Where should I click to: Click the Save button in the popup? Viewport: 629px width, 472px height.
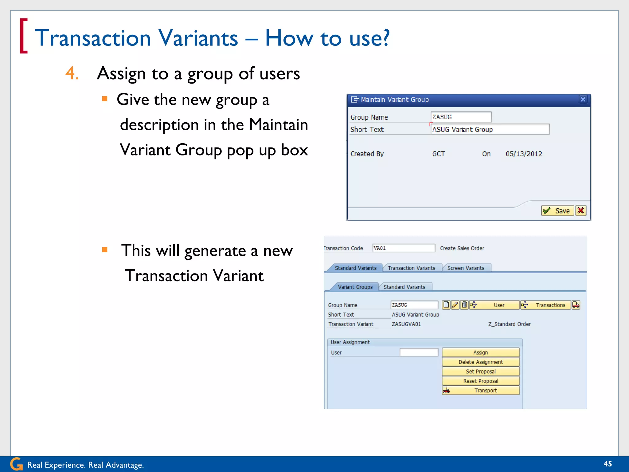[557, 211]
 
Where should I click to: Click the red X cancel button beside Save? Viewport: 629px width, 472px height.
[581, 211]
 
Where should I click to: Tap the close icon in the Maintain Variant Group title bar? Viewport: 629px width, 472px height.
[583, 99]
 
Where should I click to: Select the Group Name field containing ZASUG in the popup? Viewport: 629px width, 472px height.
[461, 117]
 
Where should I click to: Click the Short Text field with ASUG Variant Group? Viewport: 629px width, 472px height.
[490, 129]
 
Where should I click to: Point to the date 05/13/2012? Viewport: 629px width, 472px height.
[524, 154]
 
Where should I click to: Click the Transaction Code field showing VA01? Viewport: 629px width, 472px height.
[403, 248]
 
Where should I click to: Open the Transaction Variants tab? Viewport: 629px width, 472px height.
[411, 268]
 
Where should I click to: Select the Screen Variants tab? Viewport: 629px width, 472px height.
[466, 268]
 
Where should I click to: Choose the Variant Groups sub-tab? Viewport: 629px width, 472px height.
[355, 287]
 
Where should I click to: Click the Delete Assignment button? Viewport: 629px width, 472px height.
[481, 362]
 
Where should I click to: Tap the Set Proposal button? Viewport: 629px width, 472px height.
[481, 372]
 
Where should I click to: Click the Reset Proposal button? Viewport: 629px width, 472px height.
[481, 381]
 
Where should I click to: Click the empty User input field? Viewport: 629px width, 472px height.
[419, 352]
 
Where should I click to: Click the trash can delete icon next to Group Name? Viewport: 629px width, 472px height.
[464, 305]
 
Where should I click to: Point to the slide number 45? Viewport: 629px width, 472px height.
[608, 464]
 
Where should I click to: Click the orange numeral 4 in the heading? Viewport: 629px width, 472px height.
[72, 73]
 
